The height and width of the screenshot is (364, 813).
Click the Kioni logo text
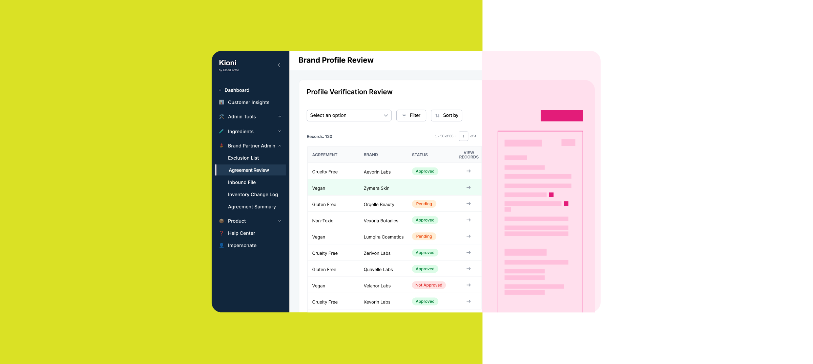coord(227,63)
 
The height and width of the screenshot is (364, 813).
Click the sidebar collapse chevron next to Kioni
coord(279,65)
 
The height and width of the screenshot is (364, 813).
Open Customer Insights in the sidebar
coord(248,103)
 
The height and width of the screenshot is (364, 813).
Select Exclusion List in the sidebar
coord(243,158)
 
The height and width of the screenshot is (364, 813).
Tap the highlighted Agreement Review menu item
coord(249,170)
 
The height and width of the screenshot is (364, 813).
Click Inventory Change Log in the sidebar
coord(253,195)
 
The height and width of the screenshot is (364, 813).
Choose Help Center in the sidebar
coord(241,233)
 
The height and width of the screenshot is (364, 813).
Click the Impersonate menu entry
coord(242,245)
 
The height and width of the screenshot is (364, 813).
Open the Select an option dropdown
coord(349,115)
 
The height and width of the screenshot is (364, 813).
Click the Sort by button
coord(446,115)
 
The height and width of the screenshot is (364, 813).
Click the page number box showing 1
coord(463,136)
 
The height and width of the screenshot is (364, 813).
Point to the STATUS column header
coord(419,155)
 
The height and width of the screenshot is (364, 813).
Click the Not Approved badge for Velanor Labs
coord(429,285)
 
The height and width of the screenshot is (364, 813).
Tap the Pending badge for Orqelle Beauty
coord(424,204)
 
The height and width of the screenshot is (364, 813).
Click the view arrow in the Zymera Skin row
coord(468,187)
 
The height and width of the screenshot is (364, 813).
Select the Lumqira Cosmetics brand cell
coord(383,237)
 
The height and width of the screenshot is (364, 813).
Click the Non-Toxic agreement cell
coord(322,221)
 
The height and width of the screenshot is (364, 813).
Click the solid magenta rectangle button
coord(561,116)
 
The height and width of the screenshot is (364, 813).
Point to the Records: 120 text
coord(319,137)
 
